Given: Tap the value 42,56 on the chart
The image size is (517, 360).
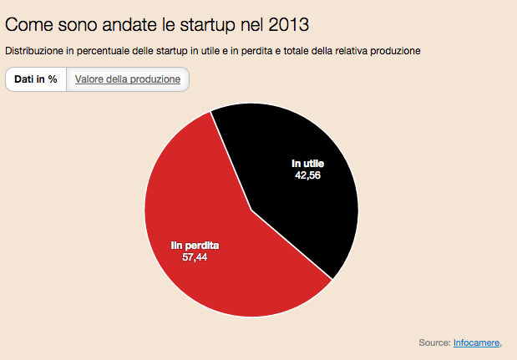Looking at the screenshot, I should click(307, 175).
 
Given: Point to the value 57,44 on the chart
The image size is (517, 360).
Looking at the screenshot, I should click(195, 258).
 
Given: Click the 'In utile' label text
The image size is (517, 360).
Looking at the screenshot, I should click(307, 163).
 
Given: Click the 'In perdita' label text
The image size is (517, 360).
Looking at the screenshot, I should click(195, 246).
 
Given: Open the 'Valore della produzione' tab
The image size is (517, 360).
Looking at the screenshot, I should click(128, 79).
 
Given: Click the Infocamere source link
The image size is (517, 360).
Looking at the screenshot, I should click(476, 342).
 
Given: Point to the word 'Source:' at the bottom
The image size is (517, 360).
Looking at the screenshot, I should click(434, 342).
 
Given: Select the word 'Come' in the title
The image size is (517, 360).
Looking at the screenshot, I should click(26, 24).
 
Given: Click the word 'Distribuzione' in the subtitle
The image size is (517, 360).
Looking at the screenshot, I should click(34, 51).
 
